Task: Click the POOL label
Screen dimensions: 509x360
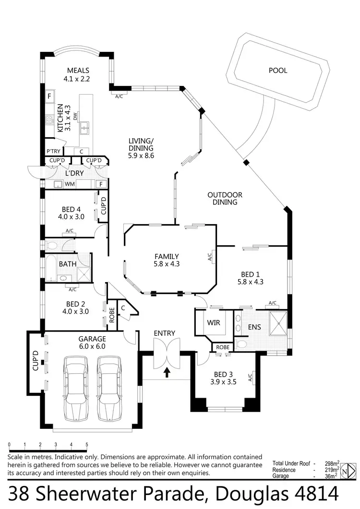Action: pos(278,71)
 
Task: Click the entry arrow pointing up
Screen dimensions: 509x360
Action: pos(167,372)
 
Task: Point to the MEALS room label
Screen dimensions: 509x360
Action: pos(78,71)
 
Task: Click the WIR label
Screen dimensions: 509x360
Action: pos(214,322)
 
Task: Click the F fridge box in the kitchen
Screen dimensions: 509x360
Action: pos(49,96)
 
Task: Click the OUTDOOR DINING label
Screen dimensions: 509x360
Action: pos(225,199)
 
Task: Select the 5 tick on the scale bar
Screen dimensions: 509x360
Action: pos(87,444)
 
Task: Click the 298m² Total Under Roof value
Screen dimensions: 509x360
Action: pos(331,463)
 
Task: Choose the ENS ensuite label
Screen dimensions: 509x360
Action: pos(254,328)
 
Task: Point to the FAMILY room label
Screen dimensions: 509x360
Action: pos(167,256)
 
